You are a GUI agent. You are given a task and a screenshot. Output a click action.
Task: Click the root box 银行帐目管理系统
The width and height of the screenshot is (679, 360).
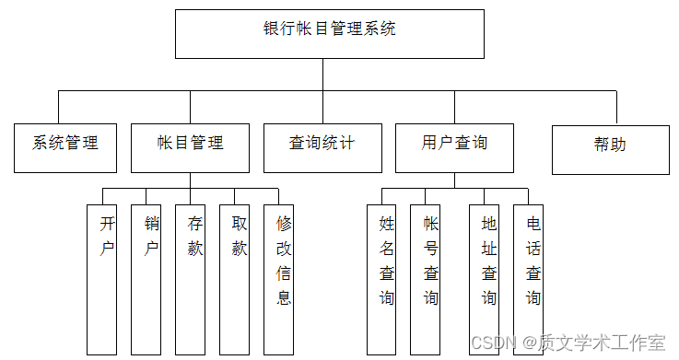point(329,33)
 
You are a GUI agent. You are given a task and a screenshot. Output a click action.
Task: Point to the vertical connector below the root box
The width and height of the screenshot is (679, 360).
point(322,75)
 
